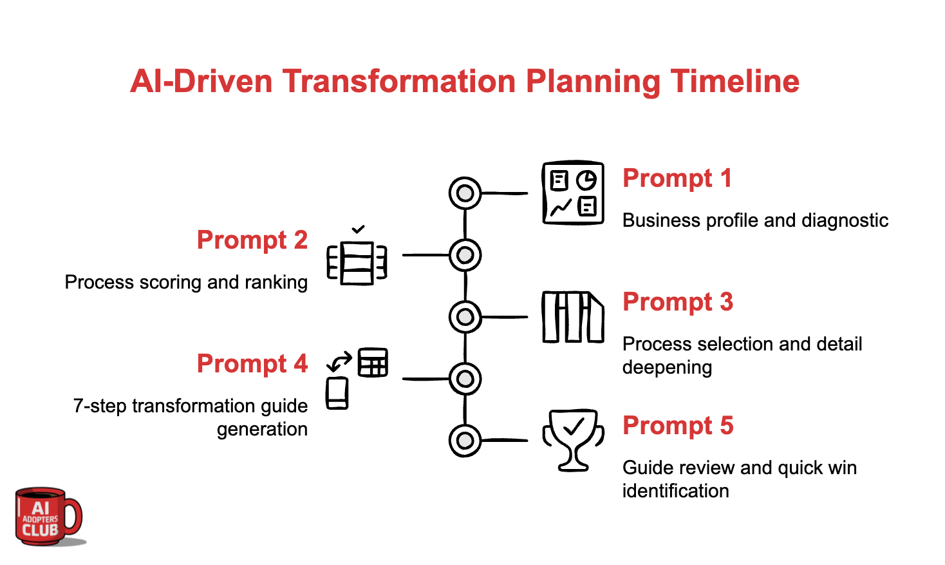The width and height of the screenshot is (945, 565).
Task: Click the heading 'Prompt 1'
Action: coord(677,178)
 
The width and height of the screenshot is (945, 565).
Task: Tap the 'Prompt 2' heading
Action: coord(252,240)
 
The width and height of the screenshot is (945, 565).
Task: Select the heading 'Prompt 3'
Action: coord(678,302)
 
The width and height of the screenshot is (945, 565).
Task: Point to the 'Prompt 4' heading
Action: coord(252,364)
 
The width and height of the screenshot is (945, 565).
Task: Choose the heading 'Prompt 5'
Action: coord(678,426)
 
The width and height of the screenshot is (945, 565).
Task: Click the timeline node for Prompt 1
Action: coord(465,193)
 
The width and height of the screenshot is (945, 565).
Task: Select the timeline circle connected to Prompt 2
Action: coord(465,255)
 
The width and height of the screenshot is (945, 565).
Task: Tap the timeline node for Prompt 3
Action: coord(465,317)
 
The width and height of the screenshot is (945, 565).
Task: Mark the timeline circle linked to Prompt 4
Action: coord(465,379)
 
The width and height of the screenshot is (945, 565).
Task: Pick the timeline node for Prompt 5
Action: coord(465,441)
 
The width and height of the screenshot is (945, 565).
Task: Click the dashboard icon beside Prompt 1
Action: coord(573,193)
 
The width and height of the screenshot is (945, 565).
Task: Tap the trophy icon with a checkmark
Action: coord(573,440)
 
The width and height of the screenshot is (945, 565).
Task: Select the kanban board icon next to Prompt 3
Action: coord(573,316)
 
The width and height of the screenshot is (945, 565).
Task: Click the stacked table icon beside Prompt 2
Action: coord(357,261)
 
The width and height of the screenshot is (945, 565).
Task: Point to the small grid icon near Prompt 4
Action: coord(373,362)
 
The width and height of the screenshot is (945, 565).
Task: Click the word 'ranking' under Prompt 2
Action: coord(276,282)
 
